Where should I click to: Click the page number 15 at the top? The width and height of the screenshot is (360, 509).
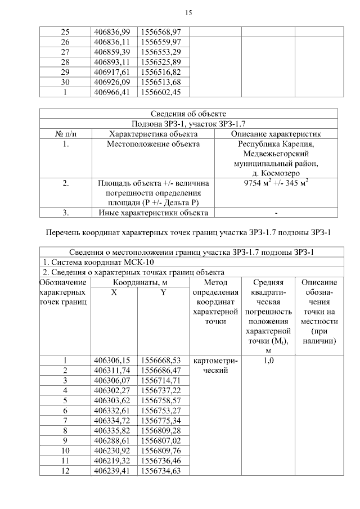click(188, 12)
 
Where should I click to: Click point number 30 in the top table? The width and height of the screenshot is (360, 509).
click(65, 82)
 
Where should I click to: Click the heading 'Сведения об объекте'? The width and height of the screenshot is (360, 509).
click(188, 114)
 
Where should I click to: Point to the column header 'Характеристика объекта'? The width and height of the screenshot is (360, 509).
click(153, 134)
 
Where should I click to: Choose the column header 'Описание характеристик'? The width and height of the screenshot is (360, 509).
click(276, 134)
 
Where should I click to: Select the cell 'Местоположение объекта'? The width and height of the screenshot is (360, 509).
click(153, 144)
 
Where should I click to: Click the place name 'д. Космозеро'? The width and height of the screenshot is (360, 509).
click(276, 173)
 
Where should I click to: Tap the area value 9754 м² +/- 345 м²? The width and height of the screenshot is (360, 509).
click(276, 183)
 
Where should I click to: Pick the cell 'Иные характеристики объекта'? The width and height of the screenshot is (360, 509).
click(153, 213)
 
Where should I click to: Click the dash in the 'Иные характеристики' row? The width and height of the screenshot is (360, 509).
click(276, 213)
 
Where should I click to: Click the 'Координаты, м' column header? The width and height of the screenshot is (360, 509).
click(138, 282)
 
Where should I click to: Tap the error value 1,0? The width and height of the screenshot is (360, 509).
click(268, 361)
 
